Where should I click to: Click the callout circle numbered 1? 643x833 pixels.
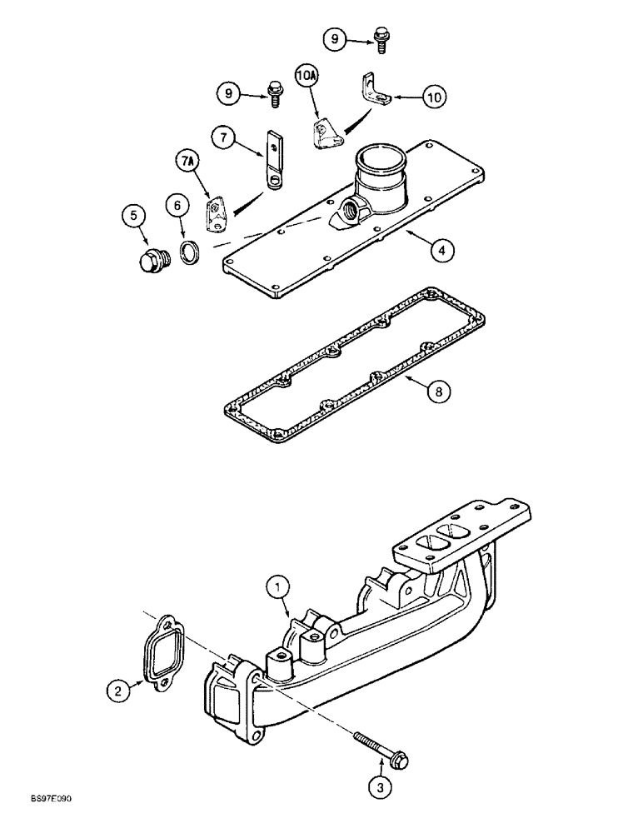(x=277, y=589)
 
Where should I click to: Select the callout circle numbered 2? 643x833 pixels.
(x=118, y=689)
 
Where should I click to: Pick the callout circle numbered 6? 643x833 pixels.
(x=176, y=205)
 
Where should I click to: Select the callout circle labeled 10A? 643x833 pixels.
(x=304, y=77)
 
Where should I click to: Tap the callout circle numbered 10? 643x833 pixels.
(x=432, y=97)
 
